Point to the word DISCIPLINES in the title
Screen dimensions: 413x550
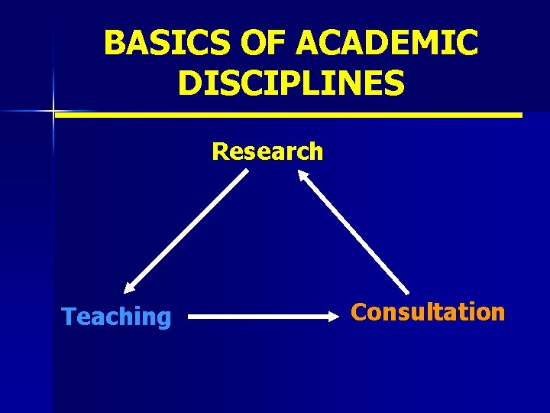click(291, 83)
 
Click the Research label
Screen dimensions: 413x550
click(267, 151)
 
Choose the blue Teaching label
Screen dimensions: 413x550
click(116, 316)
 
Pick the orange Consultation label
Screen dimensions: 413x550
click(428, 312)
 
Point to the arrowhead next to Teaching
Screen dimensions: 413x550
click(131, 287)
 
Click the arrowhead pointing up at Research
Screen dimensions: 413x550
click(302, 175)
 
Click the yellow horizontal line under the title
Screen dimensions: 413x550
click(289, 115)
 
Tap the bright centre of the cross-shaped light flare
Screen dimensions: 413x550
click(54, 112)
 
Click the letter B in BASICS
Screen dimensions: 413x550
click(114, 44)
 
